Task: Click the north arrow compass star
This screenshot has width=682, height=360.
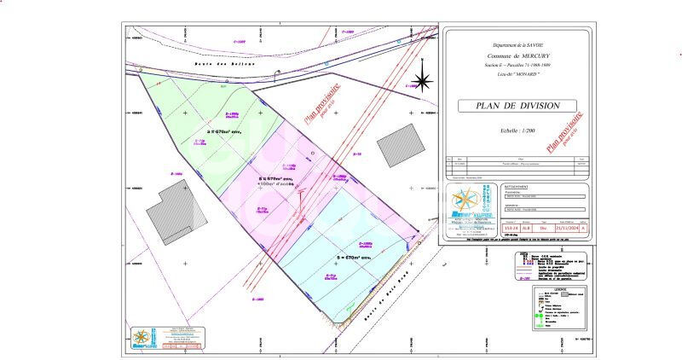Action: [x=421, y=82]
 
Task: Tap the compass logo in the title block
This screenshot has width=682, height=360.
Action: [x=465, y=202]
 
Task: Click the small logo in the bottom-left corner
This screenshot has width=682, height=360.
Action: [x=144, y=339]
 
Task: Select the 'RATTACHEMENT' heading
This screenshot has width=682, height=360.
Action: [x=517, y=186]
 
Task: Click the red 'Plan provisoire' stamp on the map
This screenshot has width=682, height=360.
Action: [x=317, y=102]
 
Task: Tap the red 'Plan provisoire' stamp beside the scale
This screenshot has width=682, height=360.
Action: [x=565, y=131]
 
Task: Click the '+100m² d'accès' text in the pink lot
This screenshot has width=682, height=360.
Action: [x=275, y=183]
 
